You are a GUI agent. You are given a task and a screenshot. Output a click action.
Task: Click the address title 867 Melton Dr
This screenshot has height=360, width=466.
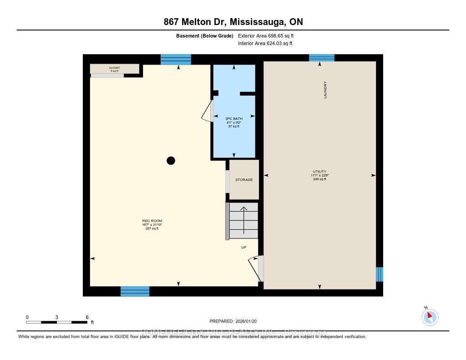(x=233, y=22)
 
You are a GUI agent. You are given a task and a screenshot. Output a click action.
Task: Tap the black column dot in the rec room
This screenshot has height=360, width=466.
(x=171, y=160)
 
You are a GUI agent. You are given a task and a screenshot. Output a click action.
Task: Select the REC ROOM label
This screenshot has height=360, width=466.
(x=152, y=221)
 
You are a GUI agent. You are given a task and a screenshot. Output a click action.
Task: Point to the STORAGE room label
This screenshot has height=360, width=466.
(x=244, y=180)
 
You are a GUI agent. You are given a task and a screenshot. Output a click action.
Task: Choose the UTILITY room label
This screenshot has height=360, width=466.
(x=319, y=172)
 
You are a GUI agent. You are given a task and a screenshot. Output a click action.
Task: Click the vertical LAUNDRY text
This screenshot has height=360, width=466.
(x=325, y=90)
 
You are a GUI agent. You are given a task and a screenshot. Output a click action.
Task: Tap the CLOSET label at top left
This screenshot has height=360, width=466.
(x=114, y=68)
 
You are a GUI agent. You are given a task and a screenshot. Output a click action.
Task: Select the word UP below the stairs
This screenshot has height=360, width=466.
(x=244, y=247)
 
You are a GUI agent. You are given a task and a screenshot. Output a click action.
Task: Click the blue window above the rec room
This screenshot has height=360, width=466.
(x=176, y=60)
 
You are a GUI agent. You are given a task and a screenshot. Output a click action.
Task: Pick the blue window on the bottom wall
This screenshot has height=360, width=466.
(x=135, y=291)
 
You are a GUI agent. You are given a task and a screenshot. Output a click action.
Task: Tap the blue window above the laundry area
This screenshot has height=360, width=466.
(x=322, y=58)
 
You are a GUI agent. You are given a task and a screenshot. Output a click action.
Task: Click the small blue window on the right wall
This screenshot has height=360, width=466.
(x=380, y=274)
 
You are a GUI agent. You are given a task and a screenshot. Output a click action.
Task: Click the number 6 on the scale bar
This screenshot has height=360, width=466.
(x=86, y=317)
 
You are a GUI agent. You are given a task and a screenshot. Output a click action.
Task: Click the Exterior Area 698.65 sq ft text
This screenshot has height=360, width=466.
(x=269, y=35)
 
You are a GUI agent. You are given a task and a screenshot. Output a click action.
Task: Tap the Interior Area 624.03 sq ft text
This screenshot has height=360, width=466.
(x=265, y=44)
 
